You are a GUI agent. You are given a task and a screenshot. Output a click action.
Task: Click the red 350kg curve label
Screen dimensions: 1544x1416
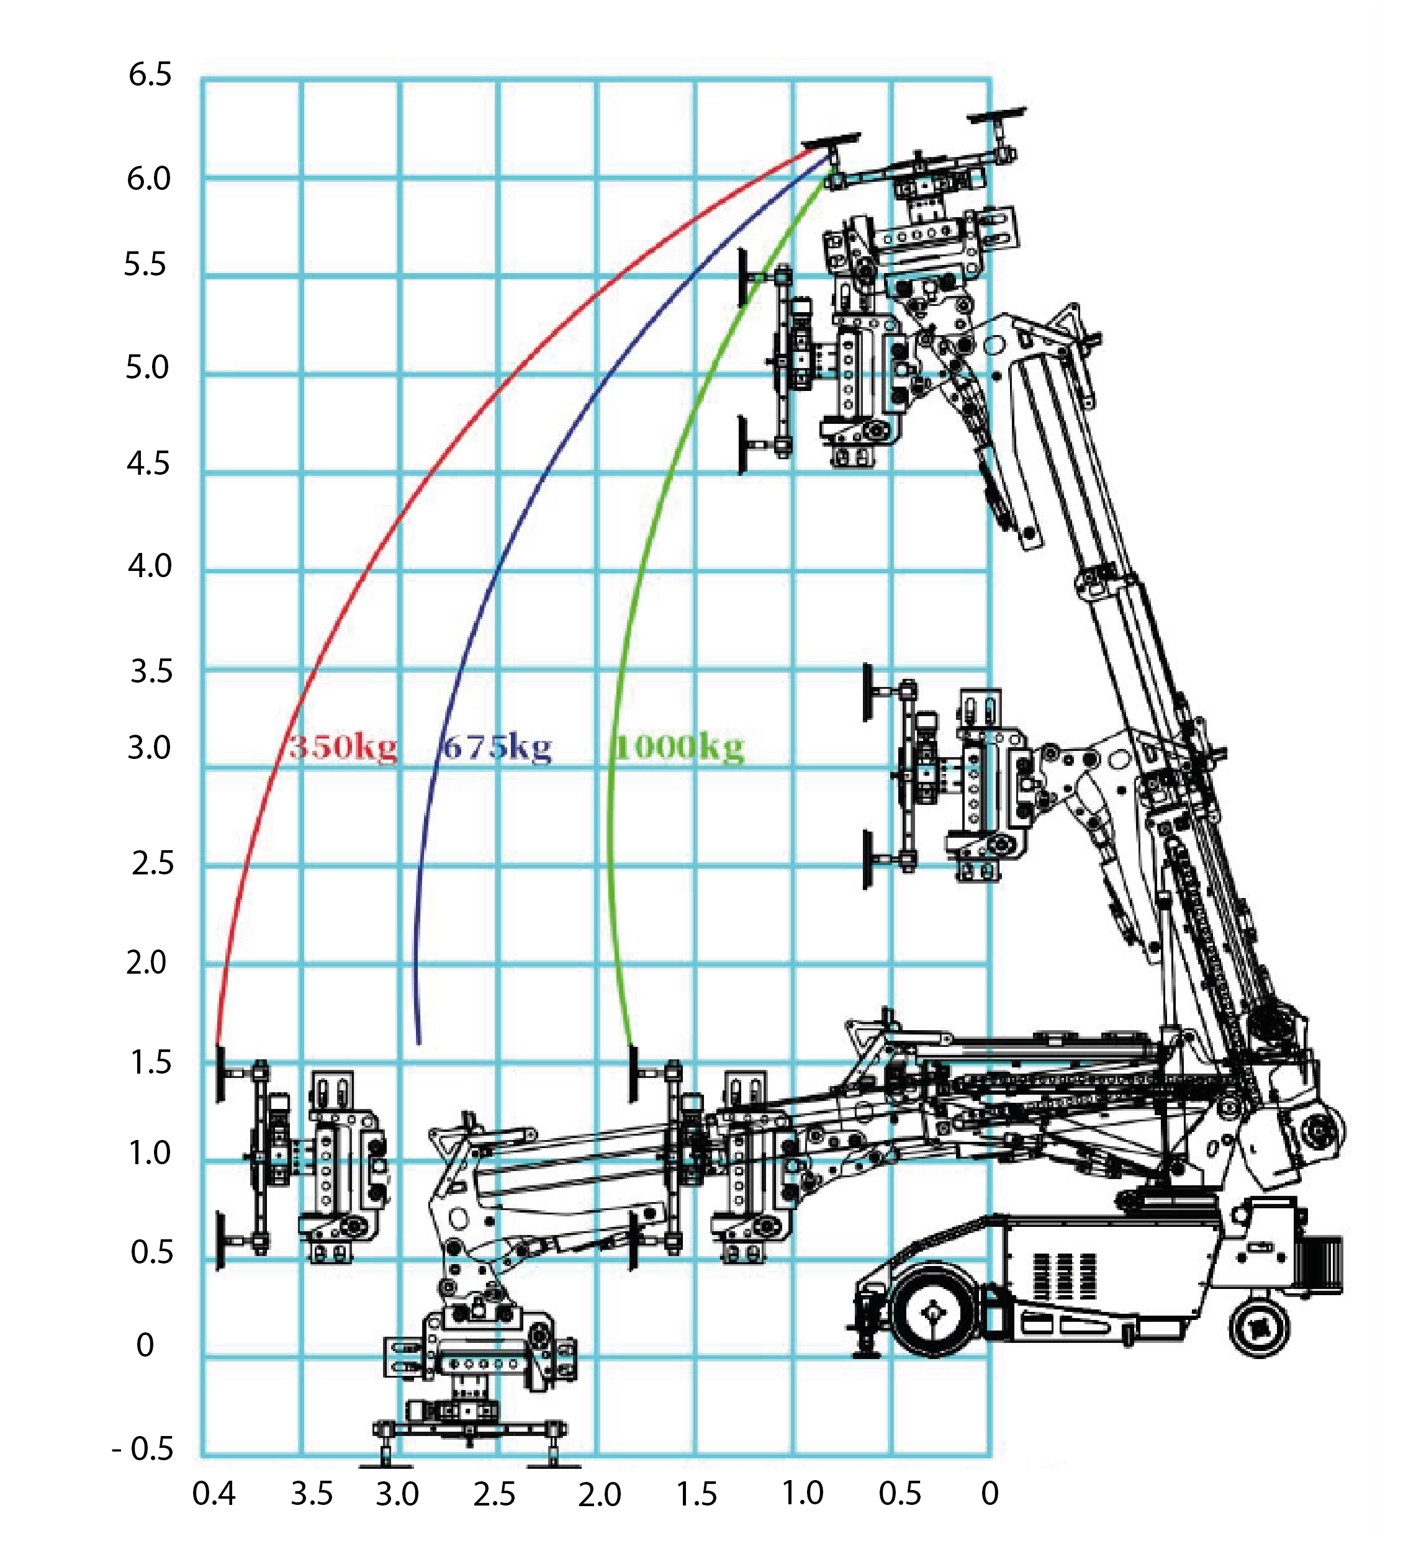[x=343, y=747]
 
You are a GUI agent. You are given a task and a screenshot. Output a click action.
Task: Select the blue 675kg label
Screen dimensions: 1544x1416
[x=497, y=747]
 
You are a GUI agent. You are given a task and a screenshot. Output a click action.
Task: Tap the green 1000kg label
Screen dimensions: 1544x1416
[x=679, y=747]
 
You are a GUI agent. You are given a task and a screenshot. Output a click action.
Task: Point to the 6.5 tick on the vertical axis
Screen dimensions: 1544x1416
[x=150, y=75]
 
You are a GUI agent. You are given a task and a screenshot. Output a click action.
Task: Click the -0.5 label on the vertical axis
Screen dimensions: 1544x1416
[x=143, y=1448]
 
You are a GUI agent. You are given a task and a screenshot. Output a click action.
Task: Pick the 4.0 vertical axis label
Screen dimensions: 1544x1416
[x=150, y=567]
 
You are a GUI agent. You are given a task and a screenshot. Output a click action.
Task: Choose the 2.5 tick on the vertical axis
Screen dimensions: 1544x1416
[x=153, y=864]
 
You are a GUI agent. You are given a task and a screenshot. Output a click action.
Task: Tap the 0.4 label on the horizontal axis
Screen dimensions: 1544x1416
[x=214, y=1494]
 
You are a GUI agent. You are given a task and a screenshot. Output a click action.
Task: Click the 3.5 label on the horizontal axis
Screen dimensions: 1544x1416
[x=312, y=1494]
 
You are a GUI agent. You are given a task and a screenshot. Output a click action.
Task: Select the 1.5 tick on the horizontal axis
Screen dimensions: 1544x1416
[x=697, y=1494]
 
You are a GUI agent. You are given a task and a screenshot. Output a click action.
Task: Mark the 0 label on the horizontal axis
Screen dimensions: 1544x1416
[x=990, y=1494]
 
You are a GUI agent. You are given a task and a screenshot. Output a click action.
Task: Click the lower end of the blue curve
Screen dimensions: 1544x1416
[x=418, y=1043]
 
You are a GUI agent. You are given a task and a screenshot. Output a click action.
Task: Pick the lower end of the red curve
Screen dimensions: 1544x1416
[x=219, y=1044]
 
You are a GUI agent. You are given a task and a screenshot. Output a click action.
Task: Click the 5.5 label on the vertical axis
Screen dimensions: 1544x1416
[x=146, y=265]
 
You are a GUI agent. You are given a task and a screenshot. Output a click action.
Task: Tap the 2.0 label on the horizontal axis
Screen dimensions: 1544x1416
[x=599, y=1494]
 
